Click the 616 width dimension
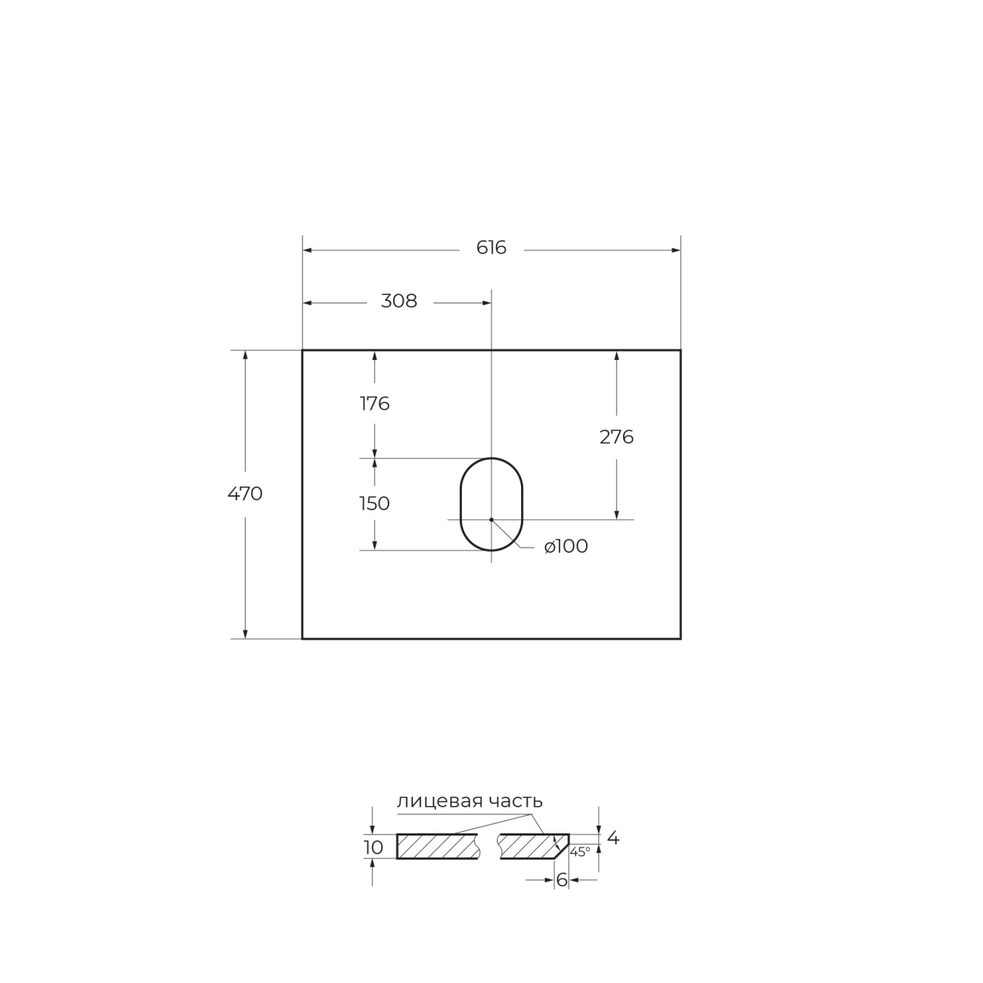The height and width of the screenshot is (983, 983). [491, 248]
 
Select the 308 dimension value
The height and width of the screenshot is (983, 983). [399, 301]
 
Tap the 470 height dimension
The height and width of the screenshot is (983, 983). [245, 494]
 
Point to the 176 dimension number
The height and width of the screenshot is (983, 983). [375, 404]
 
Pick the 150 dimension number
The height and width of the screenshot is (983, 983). [375, 504]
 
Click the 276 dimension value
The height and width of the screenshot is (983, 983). [616, 437]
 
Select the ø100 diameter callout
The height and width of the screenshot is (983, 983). [566, 547]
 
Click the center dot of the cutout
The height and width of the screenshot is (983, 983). [491, 519]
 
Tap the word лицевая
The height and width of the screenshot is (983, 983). [439, 802]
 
